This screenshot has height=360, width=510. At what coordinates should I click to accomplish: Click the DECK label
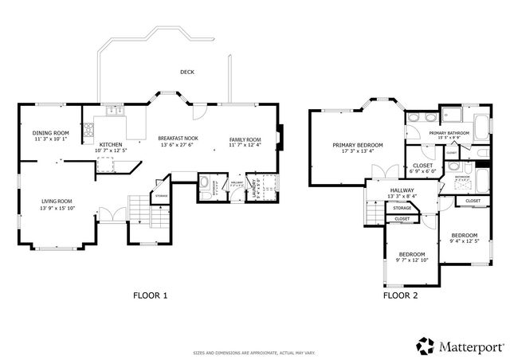[187, 72]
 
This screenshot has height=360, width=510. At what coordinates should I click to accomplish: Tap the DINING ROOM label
[51, 133]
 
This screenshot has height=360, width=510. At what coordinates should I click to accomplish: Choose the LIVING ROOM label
[57, 202]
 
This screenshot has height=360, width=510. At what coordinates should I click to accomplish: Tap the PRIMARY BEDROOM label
[357, 145]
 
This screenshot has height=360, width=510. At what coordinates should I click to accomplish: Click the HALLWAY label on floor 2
[402, 191]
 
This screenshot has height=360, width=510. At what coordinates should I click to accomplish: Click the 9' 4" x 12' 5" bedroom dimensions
[464, 241]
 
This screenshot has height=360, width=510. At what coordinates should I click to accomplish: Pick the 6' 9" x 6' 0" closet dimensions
[422, 171]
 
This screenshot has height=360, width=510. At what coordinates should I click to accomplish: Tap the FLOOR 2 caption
[400, 295]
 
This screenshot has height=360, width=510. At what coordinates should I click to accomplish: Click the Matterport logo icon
[424, 346]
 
